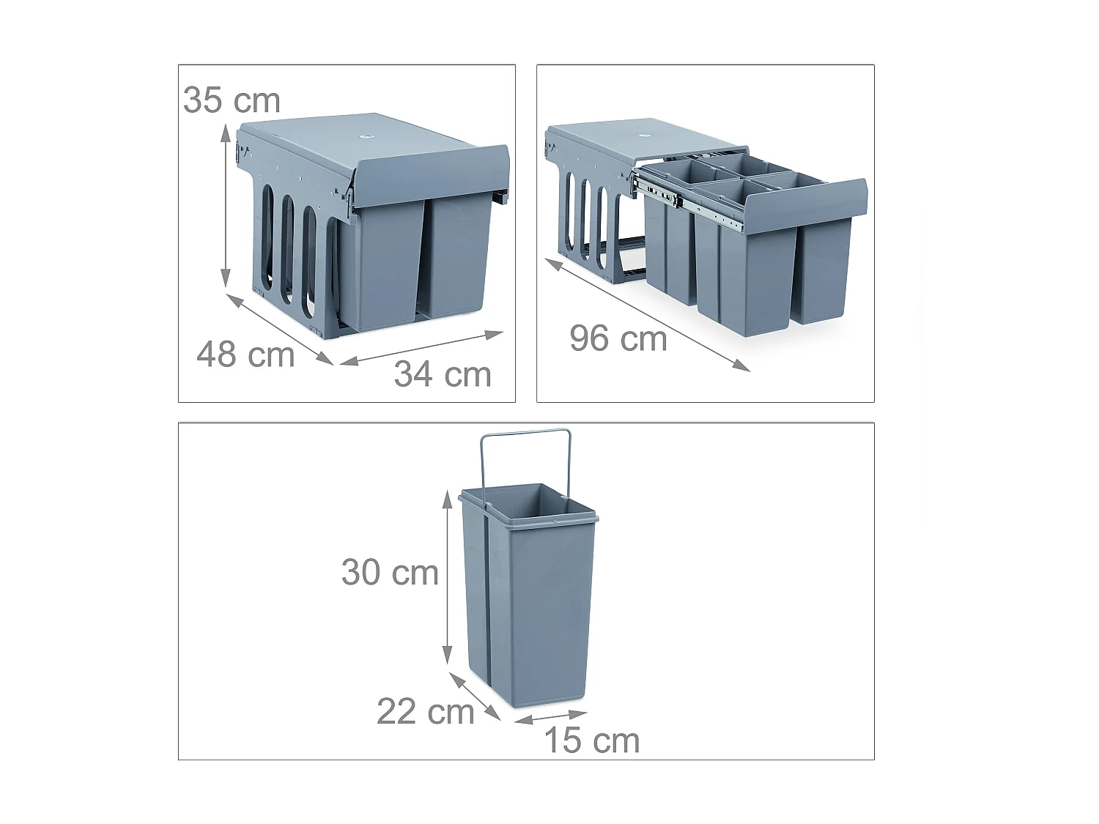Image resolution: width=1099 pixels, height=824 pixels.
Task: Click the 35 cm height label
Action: (x=232, y=100)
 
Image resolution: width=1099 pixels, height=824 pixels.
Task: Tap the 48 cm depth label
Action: (x=245, y=355)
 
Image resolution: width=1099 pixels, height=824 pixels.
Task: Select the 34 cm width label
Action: (x=443, y=375)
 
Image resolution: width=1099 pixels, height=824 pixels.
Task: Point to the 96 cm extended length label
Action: (x=618, y=339)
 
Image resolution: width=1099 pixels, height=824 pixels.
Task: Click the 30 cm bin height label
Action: (x=390, y=573)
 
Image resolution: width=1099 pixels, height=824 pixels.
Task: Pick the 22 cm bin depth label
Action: (x=426, y=712)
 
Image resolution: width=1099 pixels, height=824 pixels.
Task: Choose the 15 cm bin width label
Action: (x=592, y=741)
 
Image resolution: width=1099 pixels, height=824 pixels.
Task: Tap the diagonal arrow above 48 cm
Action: (x=280, y=329)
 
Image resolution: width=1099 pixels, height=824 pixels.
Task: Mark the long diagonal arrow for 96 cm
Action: (x=648, y=314)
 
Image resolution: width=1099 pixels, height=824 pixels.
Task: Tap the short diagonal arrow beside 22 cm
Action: (x=475, y=696)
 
